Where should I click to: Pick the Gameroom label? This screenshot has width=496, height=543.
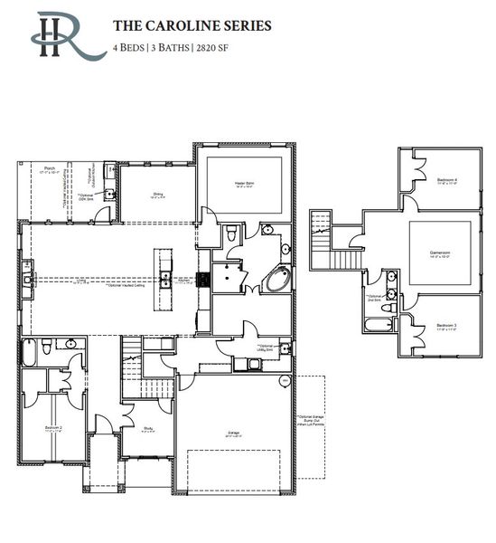pos(440,254)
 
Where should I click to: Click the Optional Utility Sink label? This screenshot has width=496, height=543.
pos(267,348)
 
